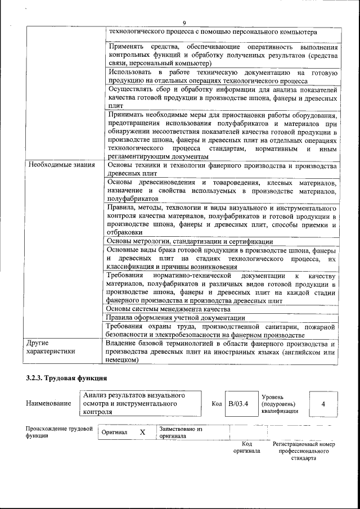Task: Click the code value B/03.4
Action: pyautogui.click(x=238, y=404)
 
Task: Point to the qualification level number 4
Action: pyautogui.click(x=323, y=404)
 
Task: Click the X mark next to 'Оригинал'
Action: pyautogui.click(x=142, y=432)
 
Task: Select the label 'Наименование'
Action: pyautogui.click(x=48, y=404)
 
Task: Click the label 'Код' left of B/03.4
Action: pyautogui.click(x=217, y=404)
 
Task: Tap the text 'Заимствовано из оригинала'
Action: pyautogui.click(x=181, y=432)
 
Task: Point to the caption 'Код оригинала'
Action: pyautogui.click(x=247, y=448)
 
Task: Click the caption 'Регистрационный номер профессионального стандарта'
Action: pyautogui.click(x=303, y=451)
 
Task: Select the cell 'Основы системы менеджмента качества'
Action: pyautogui.click(x=168, y=309)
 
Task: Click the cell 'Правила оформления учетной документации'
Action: pyautogui.click(x=175, y=318)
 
